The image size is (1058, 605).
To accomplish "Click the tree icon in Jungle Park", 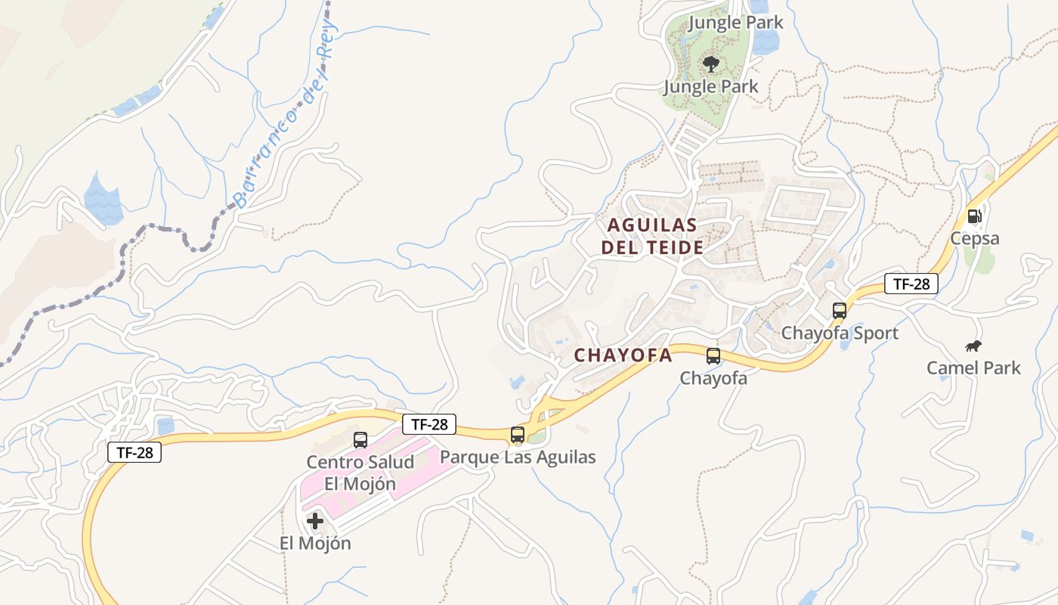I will (x=710, y=64).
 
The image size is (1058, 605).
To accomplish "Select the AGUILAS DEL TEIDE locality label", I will (x=652, y=236).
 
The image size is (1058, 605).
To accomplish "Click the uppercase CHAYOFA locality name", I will (x=623, y=355).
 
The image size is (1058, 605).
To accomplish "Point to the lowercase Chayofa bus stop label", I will (x=713, y=378).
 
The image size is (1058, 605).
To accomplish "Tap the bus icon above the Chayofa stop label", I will (x=713, y=356).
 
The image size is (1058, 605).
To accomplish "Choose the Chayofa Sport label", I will (x=839, y=333).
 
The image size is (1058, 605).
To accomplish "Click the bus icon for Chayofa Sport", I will (x=839, y=310).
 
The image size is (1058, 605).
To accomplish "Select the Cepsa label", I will (x=975, y=239).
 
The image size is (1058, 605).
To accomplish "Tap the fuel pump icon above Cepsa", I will (x=975, y=216).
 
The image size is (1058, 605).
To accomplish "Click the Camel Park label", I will (x=973, y=368).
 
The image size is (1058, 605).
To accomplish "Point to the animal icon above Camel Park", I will (x=973, y=346).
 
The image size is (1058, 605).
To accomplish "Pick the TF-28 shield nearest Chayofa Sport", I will (x=911, y=284).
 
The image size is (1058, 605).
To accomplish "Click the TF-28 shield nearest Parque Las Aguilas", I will (x=429, y=424).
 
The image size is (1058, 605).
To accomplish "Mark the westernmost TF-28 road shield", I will (x=135, y=453).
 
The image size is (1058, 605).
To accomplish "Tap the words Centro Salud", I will (x=360, y=462).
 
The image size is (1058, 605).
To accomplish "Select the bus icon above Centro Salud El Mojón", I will (x=360, y=439).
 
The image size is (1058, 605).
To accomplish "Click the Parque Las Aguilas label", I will (x=518, y=457).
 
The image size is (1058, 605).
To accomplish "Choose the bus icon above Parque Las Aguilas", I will (x=518, y=435).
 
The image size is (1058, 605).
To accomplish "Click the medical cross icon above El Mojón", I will (x=315, y=521).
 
